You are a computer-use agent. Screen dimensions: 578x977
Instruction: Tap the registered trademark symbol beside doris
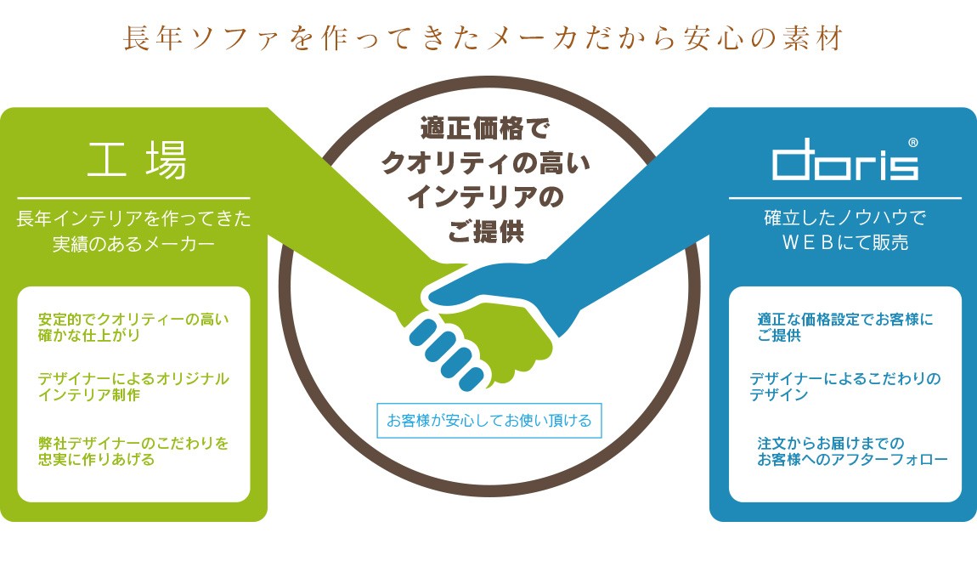coord(912,143)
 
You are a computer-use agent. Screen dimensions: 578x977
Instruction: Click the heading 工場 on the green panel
coord(137,160)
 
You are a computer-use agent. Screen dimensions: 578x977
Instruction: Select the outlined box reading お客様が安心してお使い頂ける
coord(488,420)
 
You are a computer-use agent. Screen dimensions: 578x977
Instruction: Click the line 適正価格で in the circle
coord(486,129)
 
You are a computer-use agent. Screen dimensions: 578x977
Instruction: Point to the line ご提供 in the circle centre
coord(486,230)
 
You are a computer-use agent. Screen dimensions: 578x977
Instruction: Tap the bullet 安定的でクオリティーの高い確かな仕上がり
coord(133,327)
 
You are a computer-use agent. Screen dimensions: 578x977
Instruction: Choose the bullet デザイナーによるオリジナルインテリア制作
coord(133,387)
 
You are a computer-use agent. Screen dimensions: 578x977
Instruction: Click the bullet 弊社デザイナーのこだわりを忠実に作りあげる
coord(133,451)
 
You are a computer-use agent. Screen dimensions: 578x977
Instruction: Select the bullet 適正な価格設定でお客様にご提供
coord(844,327)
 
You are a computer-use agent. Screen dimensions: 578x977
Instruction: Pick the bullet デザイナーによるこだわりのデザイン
coord(844,387)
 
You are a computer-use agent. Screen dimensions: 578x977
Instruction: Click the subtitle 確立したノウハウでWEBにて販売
coord(844,230)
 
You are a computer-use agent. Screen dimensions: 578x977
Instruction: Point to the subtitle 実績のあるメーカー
coord(133,244)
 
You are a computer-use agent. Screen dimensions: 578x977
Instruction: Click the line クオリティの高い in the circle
coord(486,162)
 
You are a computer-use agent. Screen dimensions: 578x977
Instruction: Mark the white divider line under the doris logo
coord(844,198)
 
